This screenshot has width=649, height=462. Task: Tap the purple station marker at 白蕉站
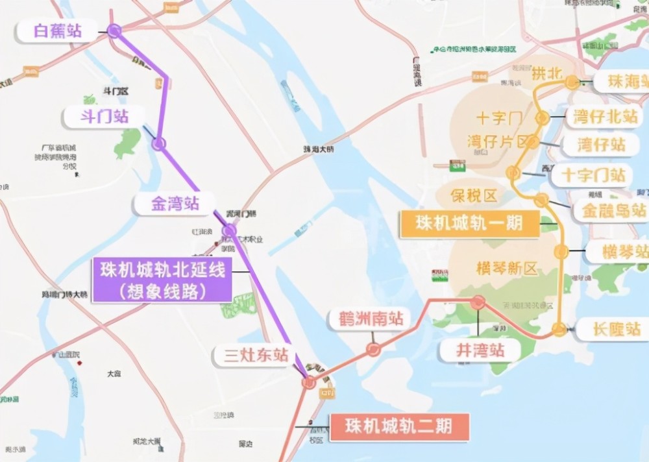point(114,30)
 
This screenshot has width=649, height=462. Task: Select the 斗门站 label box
point(104,117)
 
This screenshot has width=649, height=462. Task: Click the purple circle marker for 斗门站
point(158,143)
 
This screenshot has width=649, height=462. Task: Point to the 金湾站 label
point(175,204)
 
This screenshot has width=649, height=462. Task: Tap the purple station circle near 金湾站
point(229,230)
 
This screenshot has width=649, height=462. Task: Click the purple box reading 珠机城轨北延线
point(162,280)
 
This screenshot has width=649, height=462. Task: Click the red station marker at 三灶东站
point(309,382)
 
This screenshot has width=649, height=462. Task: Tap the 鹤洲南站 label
point(366,319)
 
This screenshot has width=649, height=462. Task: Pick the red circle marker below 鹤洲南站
point(373,349)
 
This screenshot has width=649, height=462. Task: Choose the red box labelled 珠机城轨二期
point(398,427)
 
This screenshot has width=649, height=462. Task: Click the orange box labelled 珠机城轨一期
point(470,224)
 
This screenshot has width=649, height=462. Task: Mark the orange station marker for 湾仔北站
point(542,118)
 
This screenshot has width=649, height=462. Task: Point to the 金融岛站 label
point(611,210)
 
